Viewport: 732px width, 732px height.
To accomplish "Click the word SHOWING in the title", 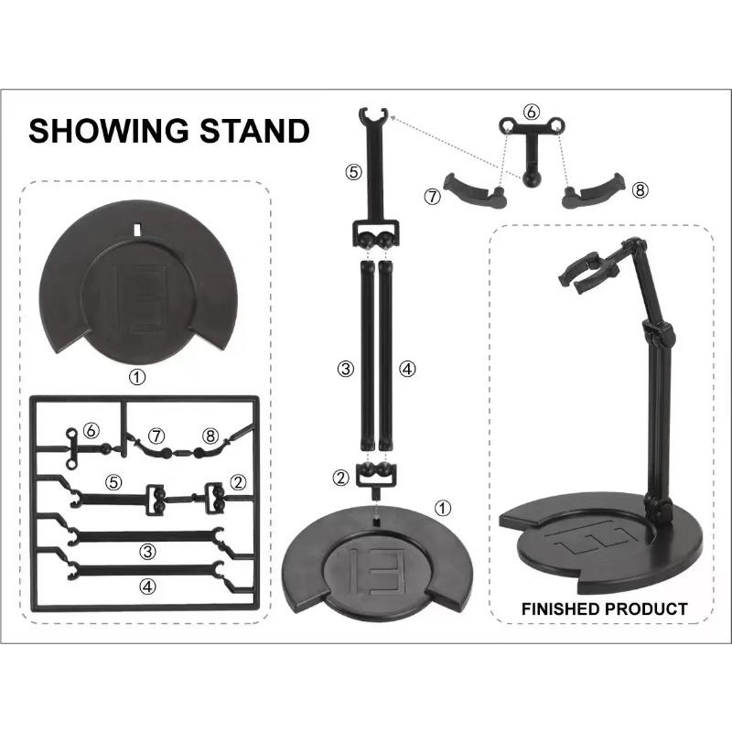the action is pyautogui.click(x=108, y=130).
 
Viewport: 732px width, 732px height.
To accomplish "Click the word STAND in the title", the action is pyautogui.click(x=255, y=130).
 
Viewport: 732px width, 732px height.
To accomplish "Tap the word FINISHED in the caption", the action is pyautogui.click(x=560, y=609).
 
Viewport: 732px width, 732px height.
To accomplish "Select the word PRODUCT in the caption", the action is pyautogui.click(x=646, y=609).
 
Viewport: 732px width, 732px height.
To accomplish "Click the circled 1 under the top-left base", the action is pyautogui.click(x=137, y=377).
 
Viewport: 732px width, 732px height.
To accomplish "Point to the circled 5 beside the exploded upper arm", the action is pyautogui.click(x=353, y=172).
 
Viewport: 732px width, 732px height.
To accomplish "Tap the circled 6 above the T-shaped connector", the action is pyautogui.click(x=532, y=113).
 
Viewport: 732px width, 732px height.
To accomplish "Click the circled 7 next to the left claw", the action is pyautogui.click(x=433, y=197).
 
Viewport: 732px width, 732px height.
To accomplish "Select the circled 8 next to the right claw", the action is pyautogui.click(x=640, y=190).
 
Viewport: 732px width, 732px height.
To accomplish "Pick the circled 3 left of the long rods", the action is pyautogui.click(x=346, y=370).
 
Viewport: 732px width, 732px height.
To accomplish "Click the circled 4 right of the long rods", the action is pyautogui.click(x=407, y=370).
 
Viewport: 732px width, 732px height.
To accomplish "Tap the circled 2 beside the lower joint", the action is pyautogui.click(x=340, y=478).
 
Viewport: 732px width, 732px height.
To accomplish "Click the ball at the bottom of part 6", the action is pyautogui.click(x=531, y=179).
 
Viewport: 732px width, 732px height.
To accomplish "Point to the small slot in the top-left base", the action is pyautogui.click(x=138, y=230).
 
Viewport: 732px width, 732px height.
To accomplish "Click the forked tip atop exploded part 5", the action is pyautogui.click(x=374, y=115).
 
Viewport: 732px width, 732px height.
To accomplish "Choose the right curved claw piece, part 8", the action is pyautogui.click(x=593, y=191).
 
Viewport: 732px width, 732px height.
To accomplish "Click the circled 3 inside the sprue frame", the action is pyautogui.click(x=147, y=552).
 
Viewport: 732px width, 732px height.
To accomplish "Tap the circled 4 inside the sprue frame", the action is pyautogui.click(x=148, y=587).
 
